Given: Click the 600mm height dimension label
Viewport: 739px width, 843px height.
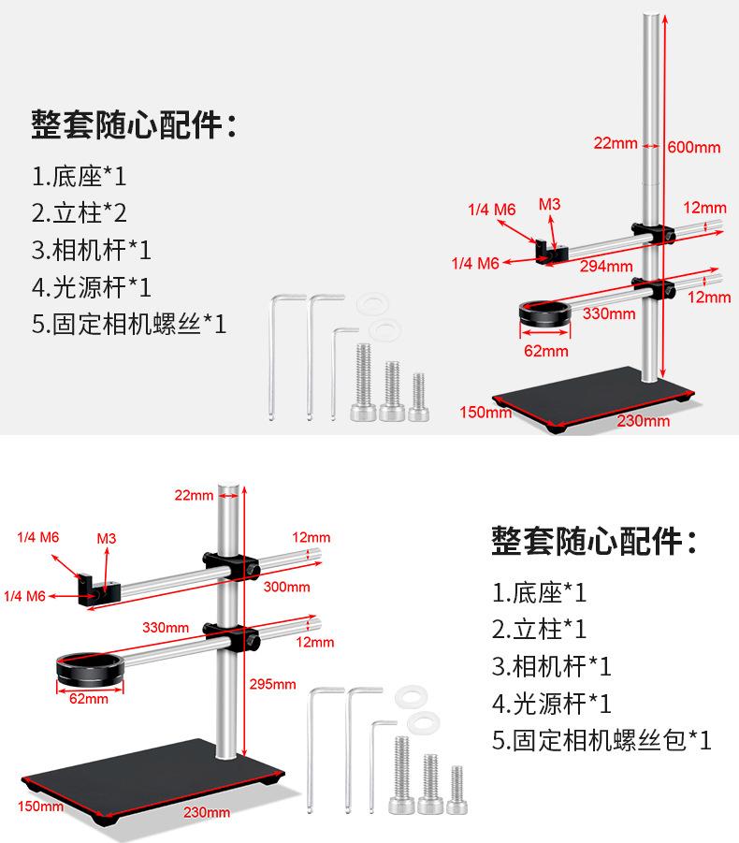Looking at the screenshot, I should point(694,147).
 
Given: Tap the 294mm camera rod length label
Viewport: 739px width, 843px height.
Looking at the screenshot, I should point(599,267).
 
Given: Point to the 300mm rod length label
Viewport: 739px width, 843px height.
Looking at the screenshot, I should point(286,587).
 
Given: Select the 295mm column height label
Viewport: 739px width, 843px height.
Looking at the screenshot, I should point(272,684).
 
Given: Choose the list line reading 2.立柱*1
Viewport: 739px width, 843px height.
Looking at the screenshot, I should point(540,629).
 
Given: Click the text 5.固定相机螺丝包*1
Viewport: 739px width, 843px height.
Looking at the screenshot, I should point(601,741).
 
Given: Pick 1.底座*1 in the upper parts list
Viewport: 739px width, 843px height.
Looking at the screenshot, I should point(79,175).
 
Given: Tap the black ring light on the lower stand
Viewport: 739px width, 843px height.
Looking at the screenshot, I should point(89,668).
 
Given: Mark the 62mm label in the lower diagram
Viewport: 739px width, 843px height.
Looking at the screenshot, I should point(90,698).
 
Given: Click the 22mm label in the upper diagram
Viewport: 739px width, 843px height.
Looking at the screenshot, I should point(616,143).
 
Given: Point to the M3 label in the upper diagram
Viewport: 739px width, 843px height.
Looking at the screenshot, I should point(549,204).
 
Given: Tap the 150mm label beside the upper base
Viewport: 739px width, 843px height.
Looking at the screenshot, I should point(485,411).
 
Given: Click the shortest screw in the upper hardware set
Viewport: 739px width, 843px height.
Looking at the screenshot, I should point(418,396).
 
